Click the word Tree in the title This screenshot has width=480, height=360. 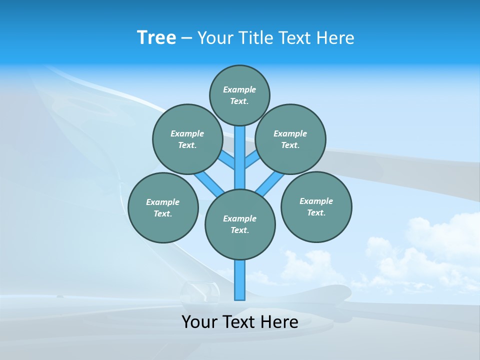(x=156, y=38)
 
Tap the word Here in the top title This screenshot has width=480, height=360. (x=335, y=38)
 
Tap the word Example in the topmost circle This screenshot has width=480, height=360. (x=239, y=89)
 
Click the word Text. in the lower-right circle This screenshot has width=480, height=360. (x=316, y=212)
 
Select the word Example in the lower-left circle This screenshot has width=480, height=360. (x=162, y=202)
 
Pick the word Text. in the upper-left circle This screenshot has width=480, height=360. (x=187, y=145)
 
